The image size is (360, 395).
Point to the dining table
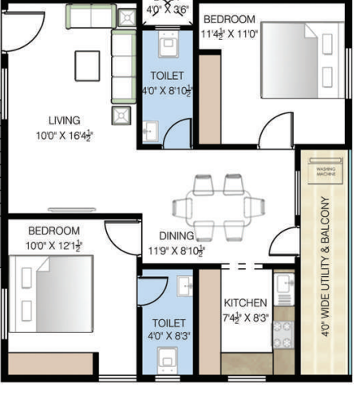pyautogui.click(x=218, y=206)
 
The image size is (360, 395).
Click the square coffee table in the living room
pyautogui.click(x=87, y=65)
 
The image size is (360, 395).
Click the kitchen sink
pyautogui.click(x=283, y=285)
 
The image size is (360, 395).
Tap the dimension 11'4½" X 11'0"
pyautogui.click(x=227, y=34)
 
